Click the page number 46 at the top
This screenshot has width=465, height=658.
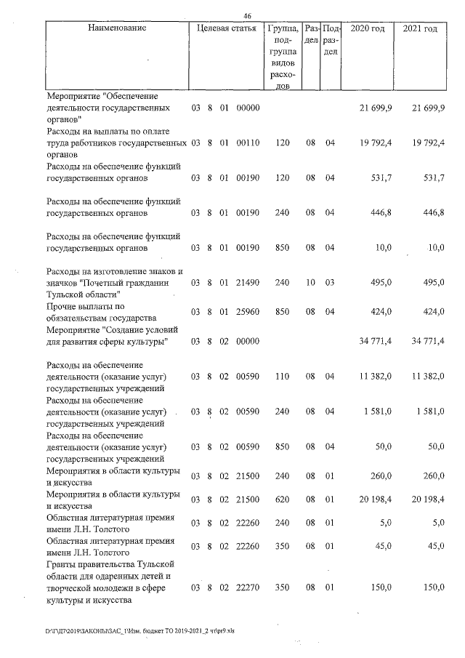click(x=248, y=16)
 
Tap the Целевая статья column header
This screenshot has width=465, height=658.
click(x=226, y=28)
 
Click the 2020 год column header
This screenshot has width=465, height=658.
click(x=368, y=28)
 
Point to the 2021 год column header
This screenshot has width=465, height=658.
click(x=420, y=28)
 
